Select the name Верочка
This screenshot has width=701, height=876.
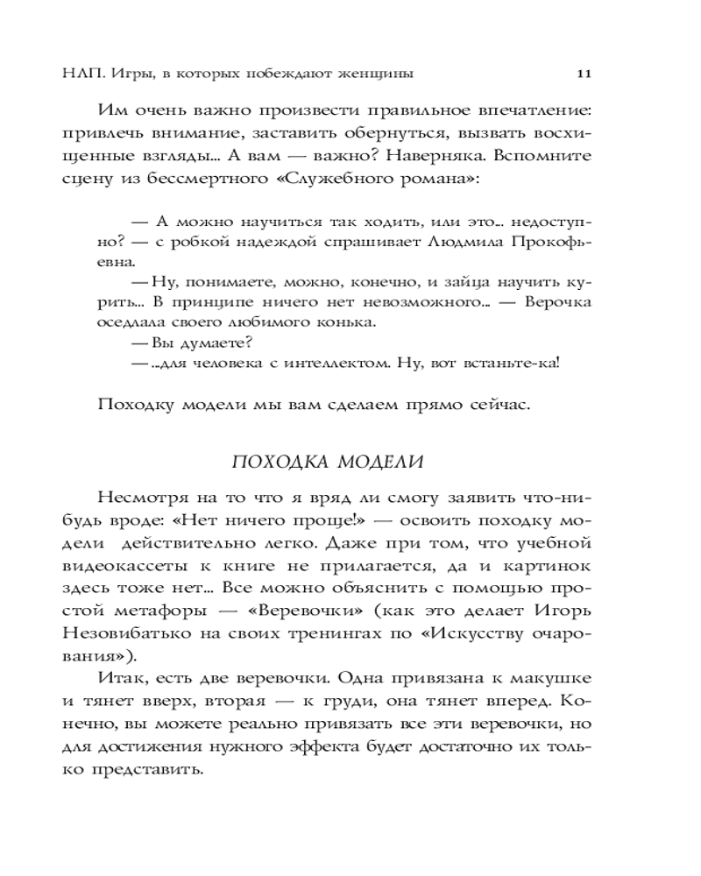pyautogui.click(x=557, y=301)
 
